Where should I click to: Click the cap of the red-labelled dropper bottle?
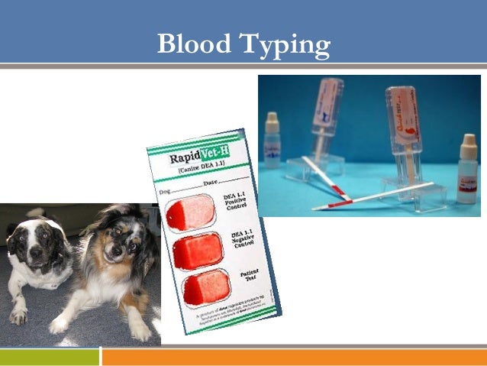468,144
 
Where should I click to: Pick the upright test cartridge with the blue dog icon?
326,115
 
